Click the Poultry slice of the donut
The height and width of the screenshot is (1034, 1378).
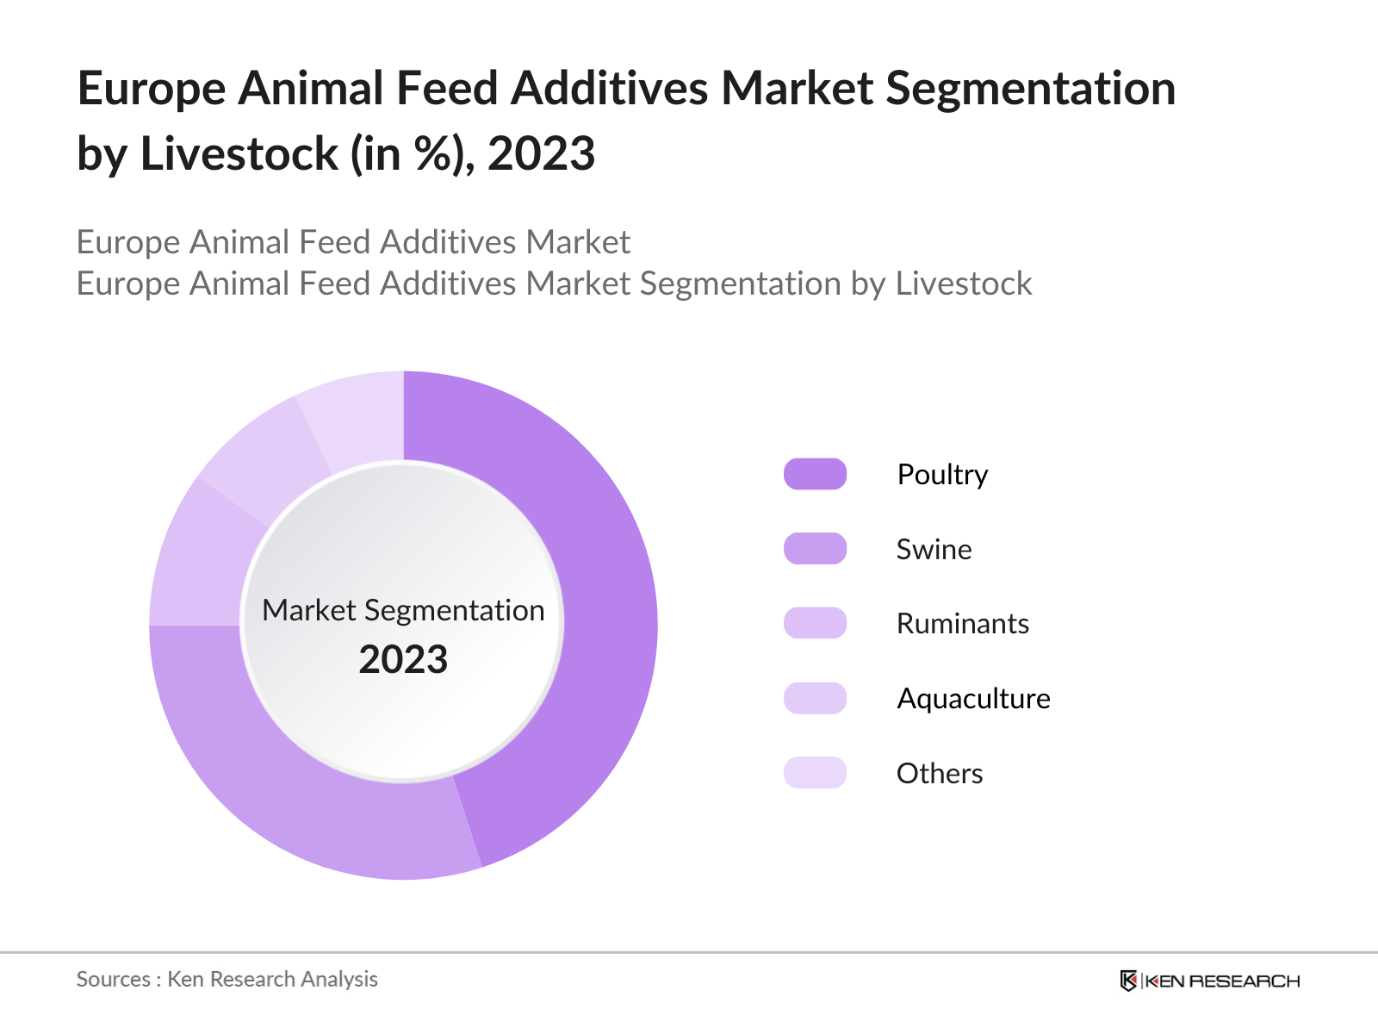coord(603,620)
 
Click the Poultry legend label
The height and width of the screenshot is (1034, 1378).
coord(942,475)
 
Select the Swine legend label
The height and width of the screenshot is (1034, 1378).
coord(934,550)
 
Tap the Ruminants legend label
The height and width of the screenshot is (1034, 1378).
coord(962,624)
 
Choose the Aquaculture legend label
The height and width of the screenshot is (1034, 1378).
coord(973,699)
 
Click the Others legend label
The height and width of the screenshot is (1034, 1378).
coord(939,774)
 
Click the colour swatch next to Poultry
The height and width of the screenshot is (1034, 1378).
coord(815,475)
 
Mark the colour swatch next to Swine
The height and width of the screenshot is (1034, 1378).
coord(815,549)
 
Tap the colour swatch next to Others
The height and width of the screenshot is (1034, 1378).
coord(815,773)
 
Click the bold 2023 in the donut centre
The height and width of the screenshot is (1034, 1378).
coord(403,660)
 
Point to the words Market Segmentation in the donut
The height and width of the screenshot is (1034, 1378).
coord(403,610)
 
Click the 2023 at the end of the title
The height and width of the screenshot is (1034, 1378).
coord(541,154)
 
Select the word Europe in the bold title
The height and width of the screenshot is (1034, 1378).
coord(152,89)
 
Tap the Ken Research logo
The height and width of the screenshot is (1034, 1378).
coord(1209,981)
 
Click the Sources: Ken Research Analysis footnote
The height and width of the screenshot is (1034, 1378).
coord(227,980)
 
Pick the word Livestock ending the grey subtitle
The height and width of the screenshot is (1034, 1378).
coord(963,283)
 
